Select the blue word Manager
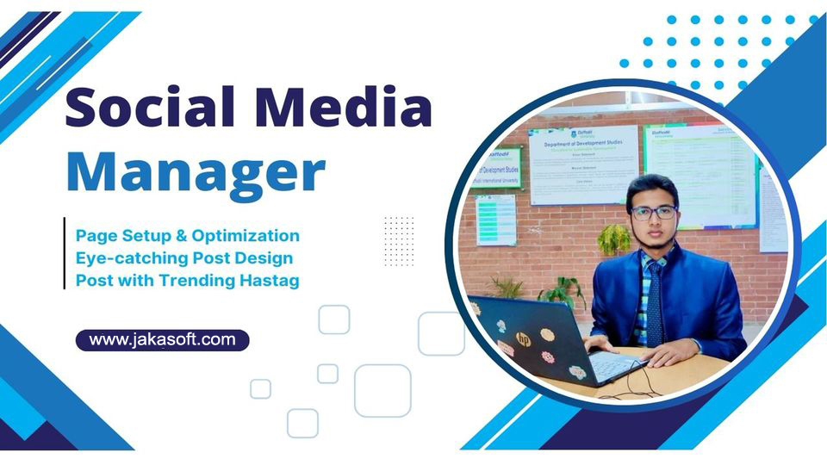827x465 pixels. [x=195, y=171]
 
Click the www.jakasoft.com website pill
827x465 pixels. [x=162, y=339]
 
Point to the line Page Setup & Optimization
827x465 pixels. [x=188, y=235]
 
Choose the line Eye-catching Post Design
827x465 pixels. [x=184, y=257]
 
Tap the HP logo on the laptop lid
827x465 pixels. [x=522, y=338]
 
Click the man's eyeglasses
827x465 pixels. [x=653, y=212]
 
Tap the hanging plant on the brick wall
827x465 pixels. [x=613, y=239]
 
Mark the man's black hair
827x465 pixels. [x=652, y=185]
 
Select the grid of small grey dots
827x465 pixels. [x=399, y=241]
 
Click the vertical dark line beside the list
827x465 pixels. [x=65, y=253]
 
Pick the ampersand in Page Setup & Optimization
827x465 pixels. [x=183, y=235]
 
